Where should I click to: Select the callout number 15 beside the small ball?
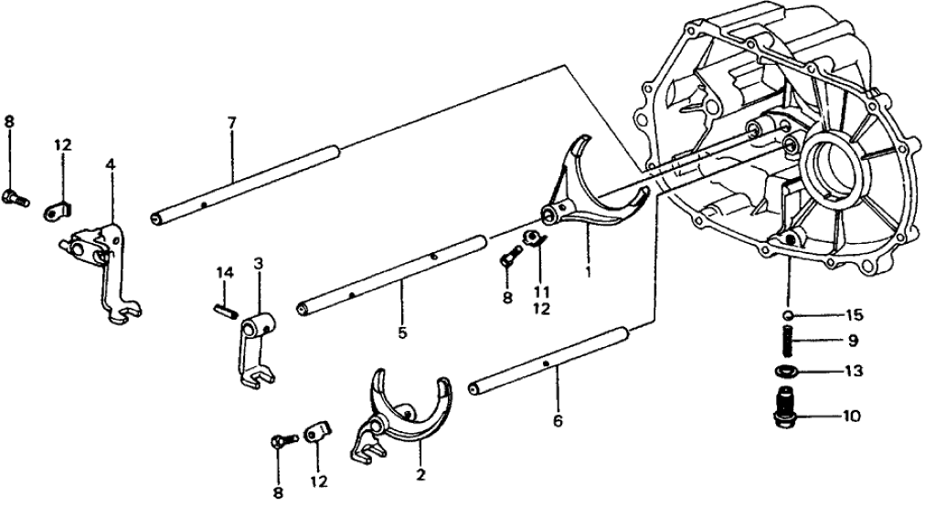[854, 316]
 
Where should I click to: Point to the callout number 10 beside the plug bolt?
[853, 416]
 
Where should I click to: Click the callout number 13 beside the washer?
[854, 373]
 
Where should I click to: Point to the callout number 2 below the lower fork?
[420, 476]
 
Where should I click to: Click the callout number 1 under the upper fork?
[589, 271]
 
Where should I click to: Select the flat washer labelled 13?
[785, 373]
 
